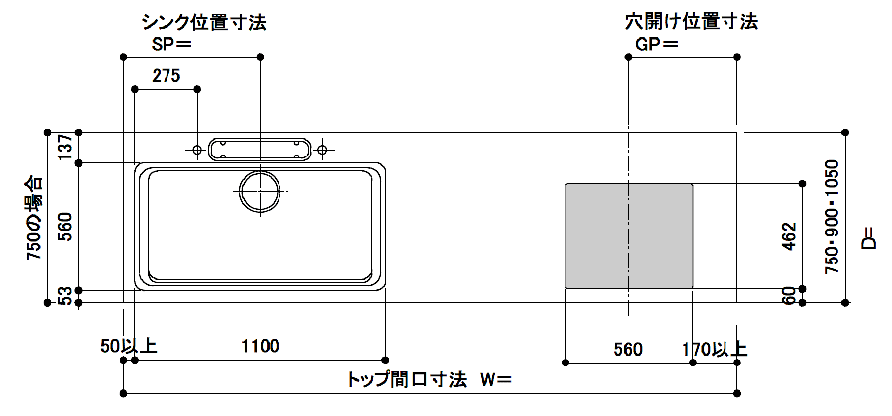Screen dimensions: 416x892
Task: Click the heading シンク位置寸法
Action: point(203,21)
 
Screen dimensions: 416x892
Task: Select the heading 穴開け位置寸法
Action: point(691,21)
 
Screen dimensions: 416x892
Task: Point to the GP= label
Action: point(658,44)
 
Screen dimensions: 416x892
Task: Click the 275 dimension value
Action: point(167,76)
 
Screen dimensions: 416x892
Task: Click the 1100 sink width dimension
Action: point(260,346)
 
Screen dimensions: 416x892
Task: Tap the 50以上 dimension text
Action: point(128,346)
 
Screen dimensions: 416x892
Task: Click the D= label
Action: point(869,239)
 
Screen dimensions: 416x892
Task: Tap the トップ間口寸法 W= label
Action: point(429,378)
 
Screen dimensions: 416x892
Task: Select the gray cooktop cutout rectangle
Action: point(628,235)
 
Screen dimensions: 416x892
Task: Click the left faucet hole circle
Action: point(197,149)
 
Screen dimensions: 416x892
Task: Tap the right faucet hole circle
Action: point(321,149)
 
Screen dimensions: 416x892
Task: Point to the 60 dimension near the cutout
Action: point(790,295)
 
